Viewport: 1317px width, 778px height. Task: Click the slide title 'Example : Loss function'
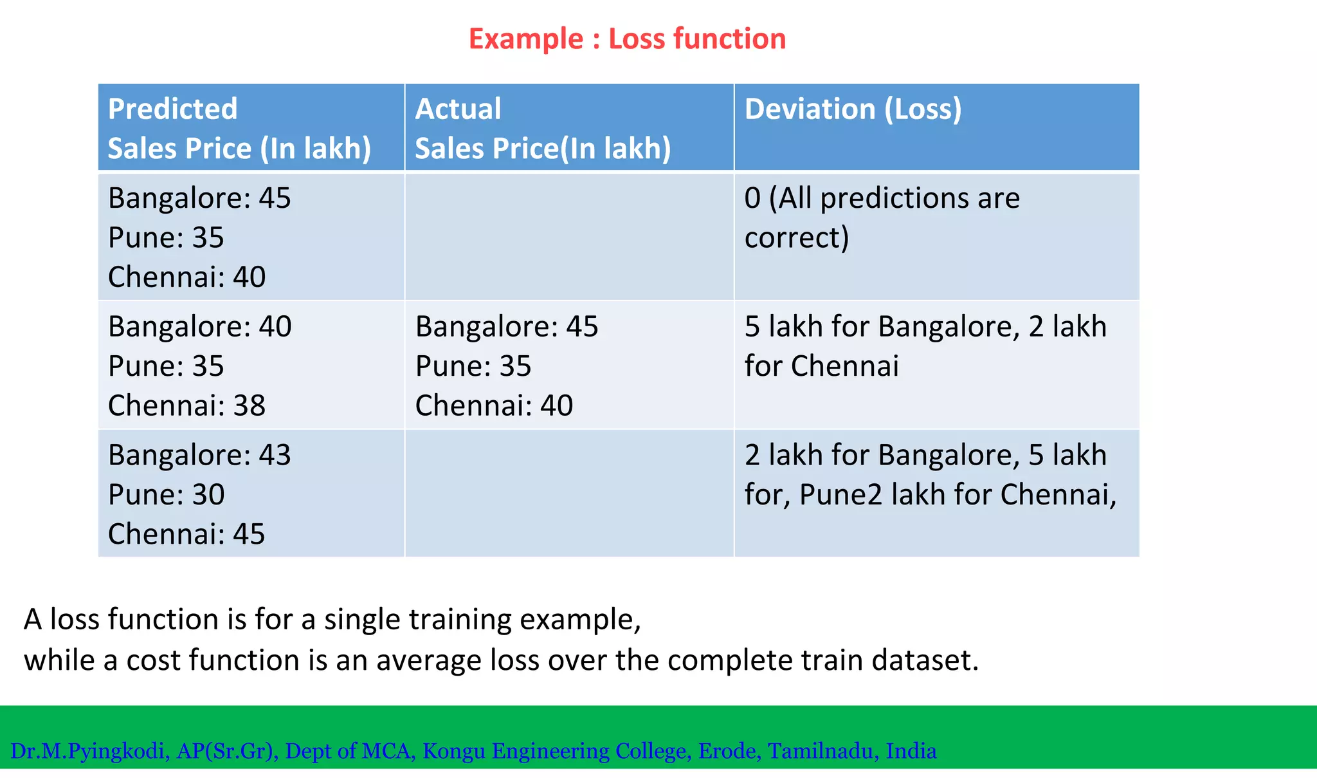click(627, 39)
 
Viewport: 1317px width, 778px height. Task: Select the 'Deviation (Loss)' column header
click(853, 109)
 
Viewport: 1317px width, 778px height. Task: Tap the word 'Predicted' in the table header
click(172, 109)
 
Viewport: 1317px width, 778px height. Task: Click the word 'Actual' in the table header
click(458, 109)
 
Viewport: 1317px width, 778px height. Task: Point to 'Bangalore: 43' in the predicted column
click(199, 455)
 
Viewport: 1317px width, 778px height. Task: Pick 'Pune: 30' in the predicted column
click(166, 495)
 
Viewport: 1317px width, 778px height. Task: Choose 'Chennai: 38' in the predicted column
click(186, 405)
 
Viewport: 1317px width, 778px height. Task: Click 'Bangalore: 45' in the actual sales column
click(507, 327)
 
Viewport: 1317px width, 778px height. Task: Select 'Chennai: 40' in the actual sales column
click(494, 405)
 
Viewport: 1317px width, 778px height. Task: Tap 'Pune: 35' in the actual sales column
click(473, 366)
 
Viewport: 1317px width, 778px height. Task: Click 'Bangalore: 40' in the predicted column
click(199, 327)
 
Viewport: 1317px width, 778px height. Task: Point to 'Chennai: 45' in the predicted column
click(186, 534)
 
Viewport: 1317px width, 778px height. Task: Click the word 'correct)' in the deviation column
click(797, 237)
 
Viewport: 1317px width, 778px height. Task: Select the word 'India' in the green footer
click(911, 751)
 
